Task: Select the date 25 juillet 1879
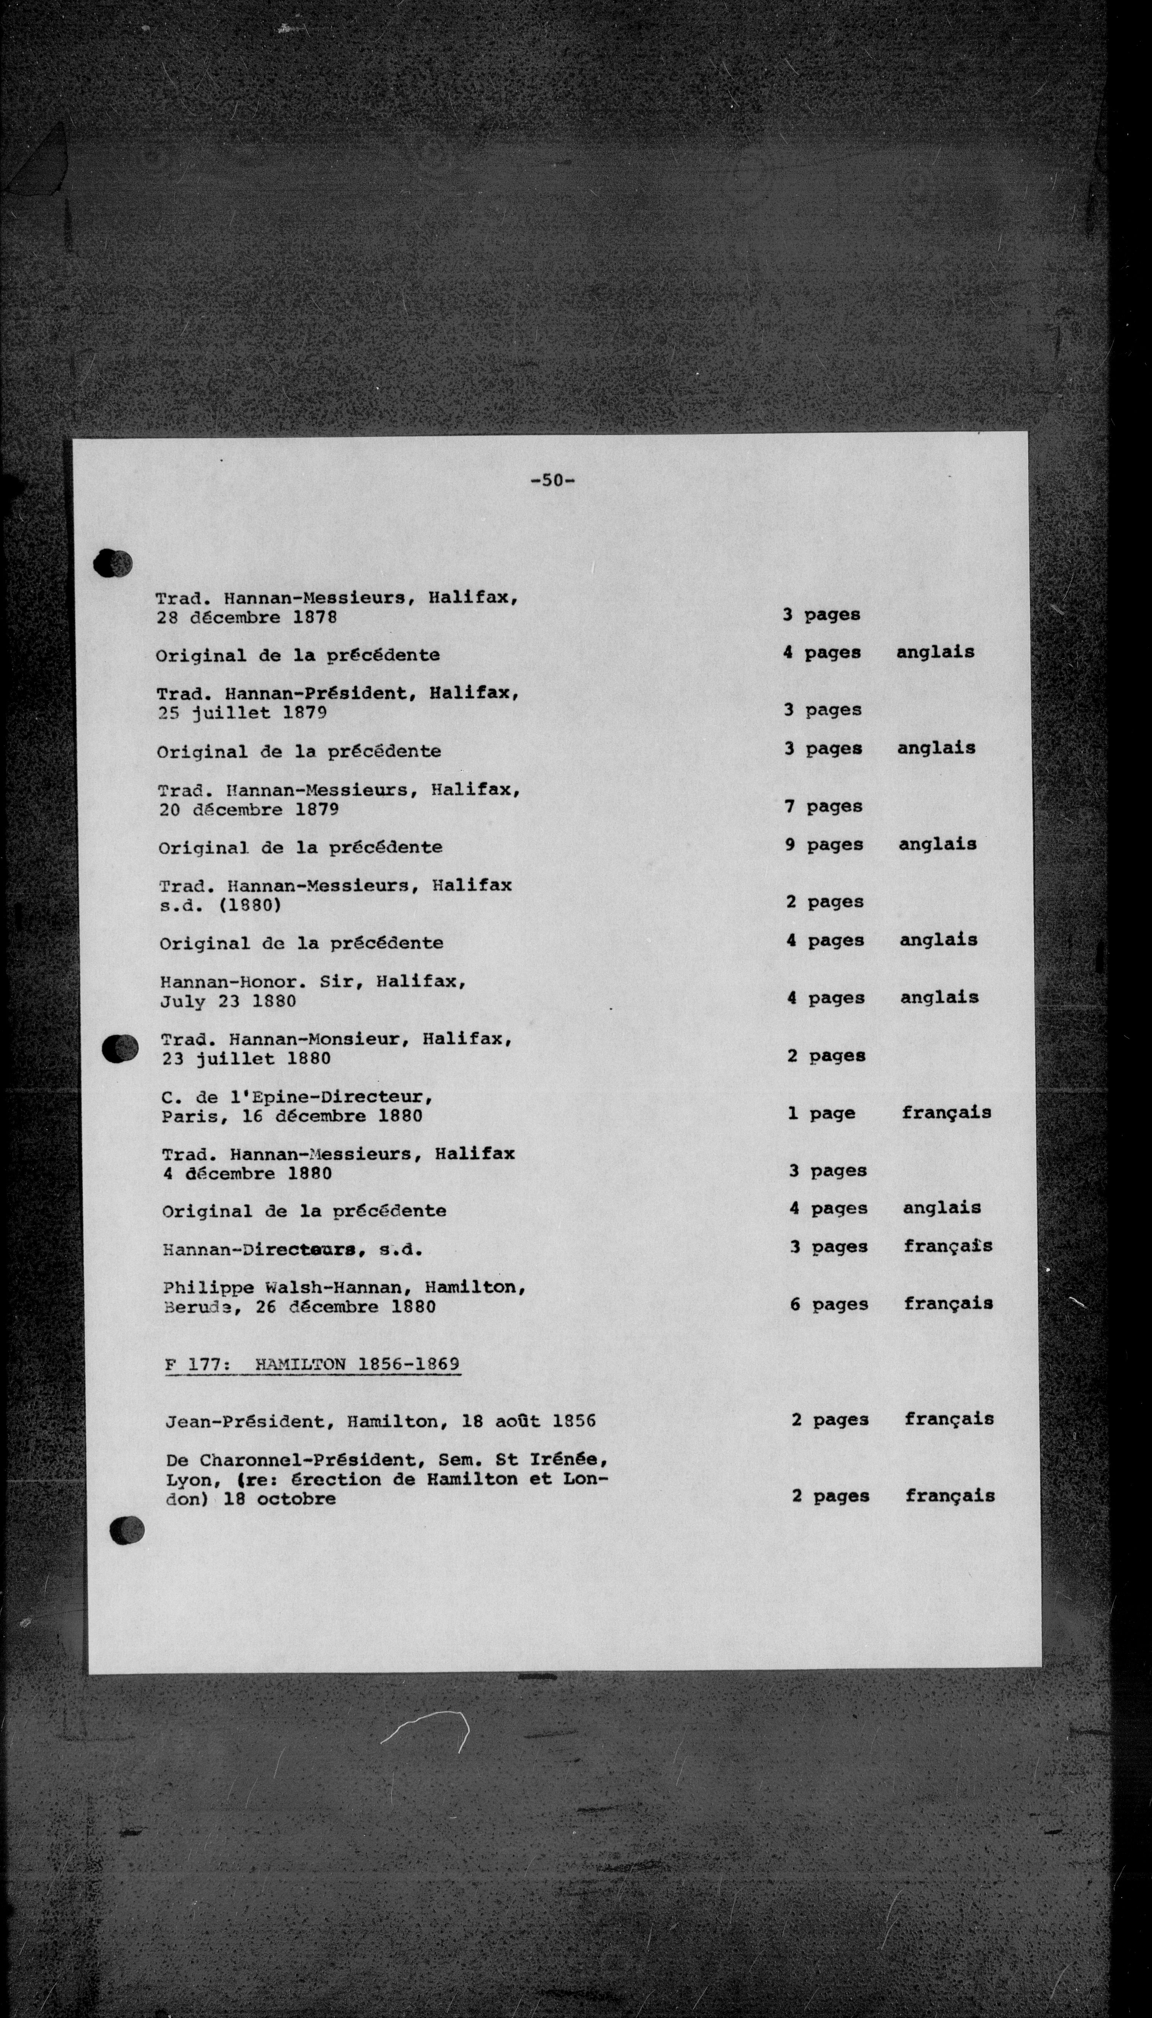tap(242, 713)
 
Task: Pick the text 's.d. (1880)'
tap(220, 905)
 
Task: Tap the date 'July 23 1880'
tap(228, 1001)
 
